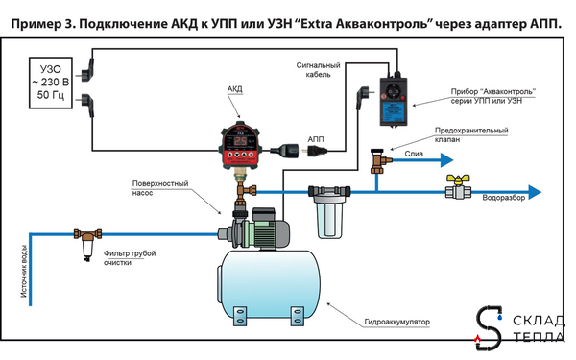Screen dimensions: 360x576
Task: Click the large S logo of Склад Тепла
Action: click(490, 326)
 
